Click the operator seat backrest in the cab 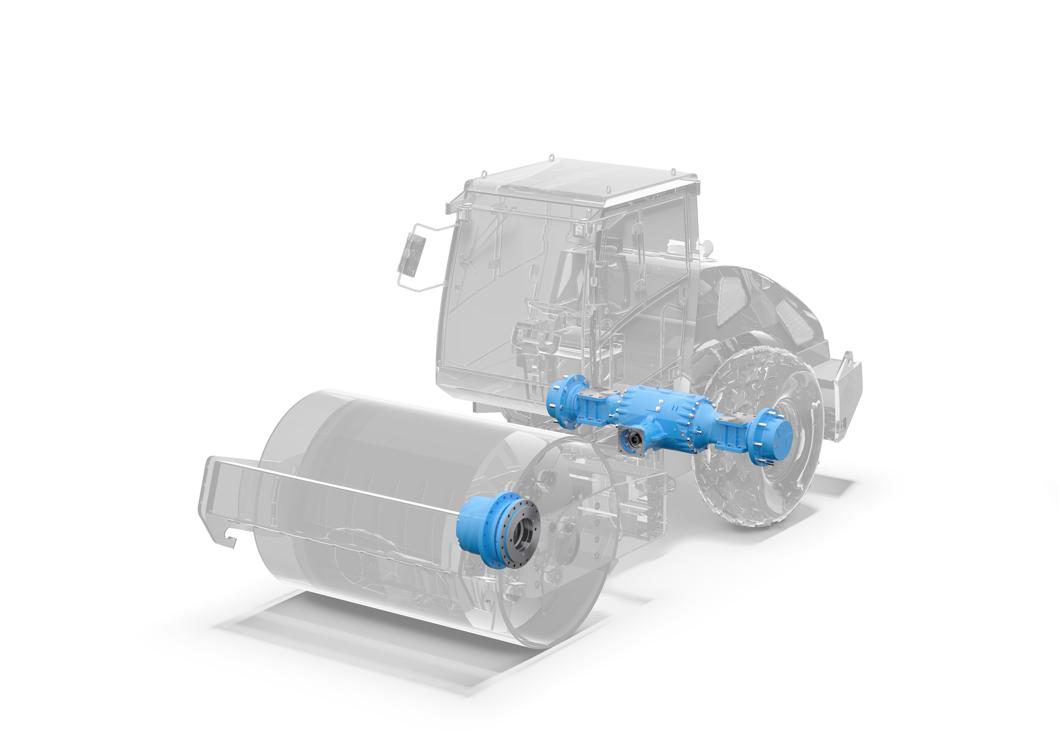click(572, 276)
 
